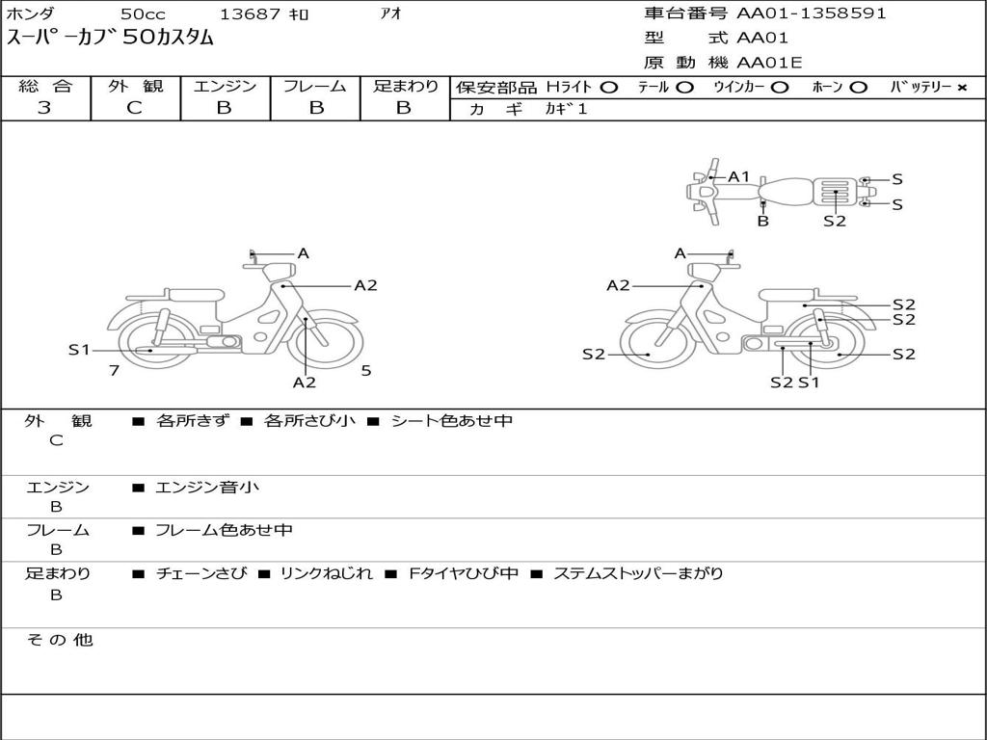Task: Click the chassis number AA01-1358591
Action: click(812, 13)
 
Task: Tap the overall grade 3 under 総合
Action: click(44, 108)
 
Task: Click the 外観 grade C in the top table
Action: click(135, 108)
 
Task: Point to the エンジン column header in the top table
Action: click(225, 86)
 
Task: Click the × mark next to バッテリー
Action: click(962, 88)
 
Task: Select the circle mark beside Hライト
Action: click(609, 88)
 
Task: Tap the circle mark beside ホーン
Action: click(858, 88)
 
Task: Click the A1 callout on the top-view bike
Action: click(739, 177)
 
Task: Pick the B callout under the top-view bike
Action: click(763, 221)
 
